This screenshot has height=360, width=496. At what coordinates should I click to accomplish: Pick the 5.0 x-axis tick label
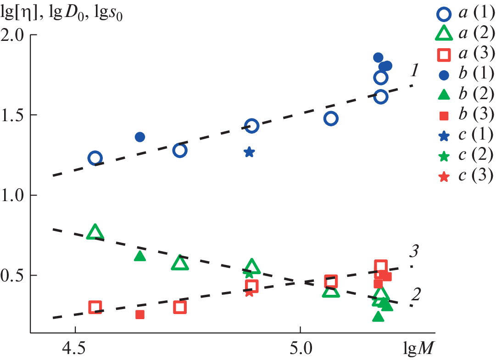[300, 345]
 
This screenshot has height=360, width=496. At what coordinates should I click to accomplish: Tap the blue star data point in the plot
[249, 152]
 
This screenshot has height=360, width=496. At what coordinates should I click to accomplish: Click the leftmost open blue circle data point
[95, 158]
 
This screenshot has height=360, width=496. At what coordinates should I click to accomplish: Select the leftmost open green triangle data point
[95, 232]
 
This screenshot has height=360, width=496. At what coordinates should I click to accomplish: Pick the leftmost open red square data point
[95, 307]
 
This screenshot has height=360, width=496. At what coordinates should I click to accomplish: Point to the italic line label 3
[414, 252]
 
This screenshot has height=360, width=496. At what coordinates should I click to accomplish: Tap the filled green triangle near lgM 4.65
[140, 256]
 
